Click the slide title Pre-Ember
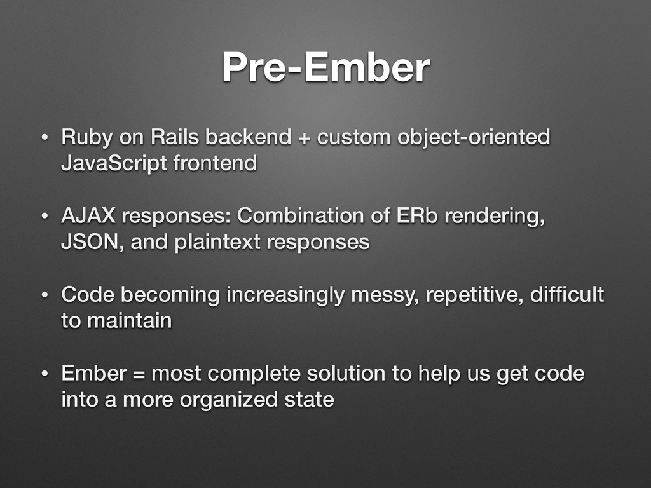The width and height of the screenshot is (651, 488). click(325, 67)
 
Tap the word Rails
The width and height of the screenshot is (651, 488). click(175, 137)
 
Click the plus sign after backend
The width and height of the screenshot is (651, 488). click(304, 138)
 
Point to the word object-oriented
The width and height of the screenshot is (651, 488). click(474, 138)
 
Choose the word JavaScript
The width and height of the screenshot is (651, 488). click(114, 164)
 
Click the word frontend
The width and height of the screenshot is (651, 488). click(215, 163)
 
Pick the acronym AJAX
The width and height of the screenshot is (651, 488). click(88, 215)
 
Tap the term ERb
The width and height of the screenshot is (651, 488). click(417, 215)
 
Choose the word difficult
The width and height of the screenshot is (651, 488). click(566, 294)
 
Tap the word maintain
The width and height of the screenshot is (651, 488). click(129, 320)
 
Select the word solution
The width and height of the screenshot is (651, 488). click(346, 373)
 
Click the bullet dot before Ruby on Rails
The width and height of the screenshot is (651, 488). click(45, 137)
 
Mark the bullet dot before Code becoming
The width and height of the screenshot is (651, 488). click(45, 295)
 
